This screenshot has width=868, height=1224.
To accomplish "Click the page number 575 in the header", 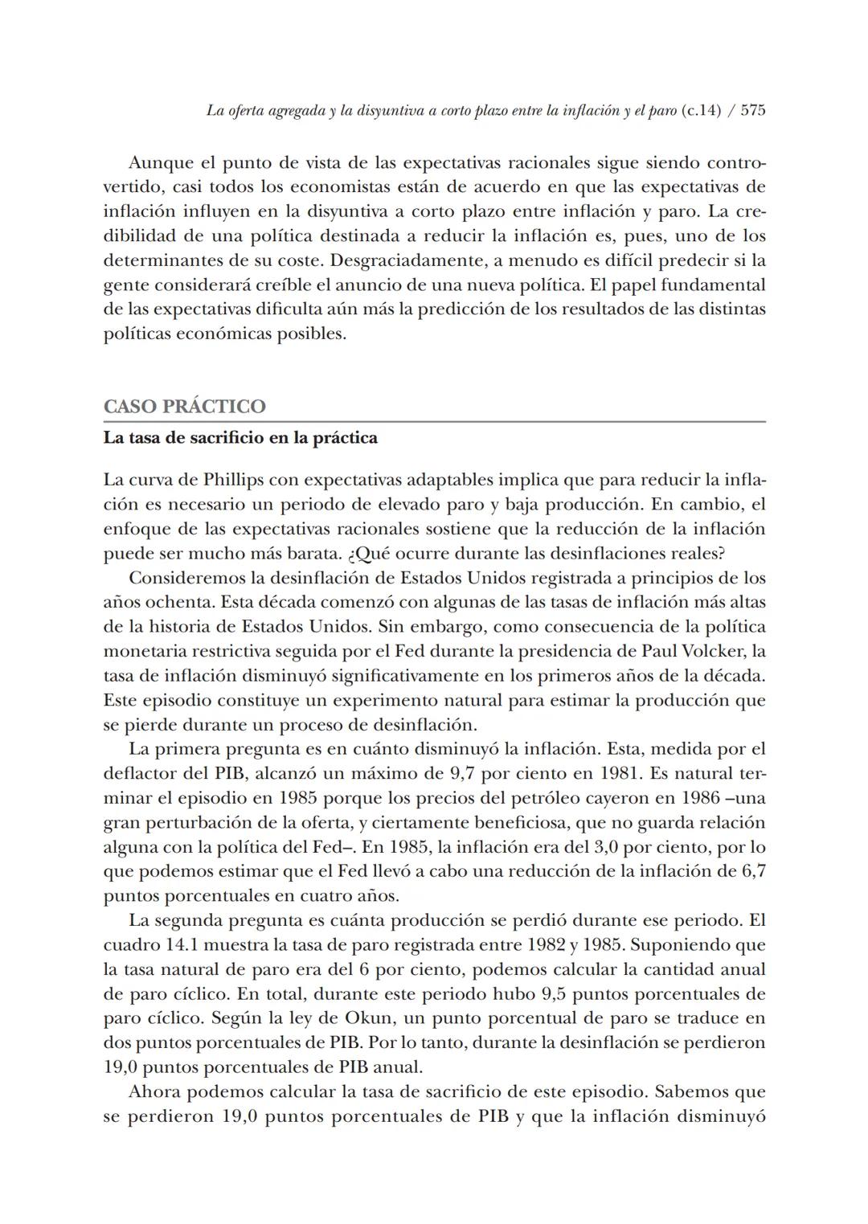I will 751,111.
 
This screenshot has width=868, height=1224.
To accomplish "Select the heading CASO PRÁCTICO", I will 184,407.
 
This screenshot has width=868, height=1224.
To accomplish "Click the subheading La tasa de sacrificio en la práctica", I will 240,439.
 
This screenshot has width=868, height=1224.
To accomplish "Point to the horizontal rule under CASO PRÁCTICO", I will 434,421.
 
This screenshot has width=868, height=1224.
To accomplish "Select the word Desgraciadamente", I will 409,260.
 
